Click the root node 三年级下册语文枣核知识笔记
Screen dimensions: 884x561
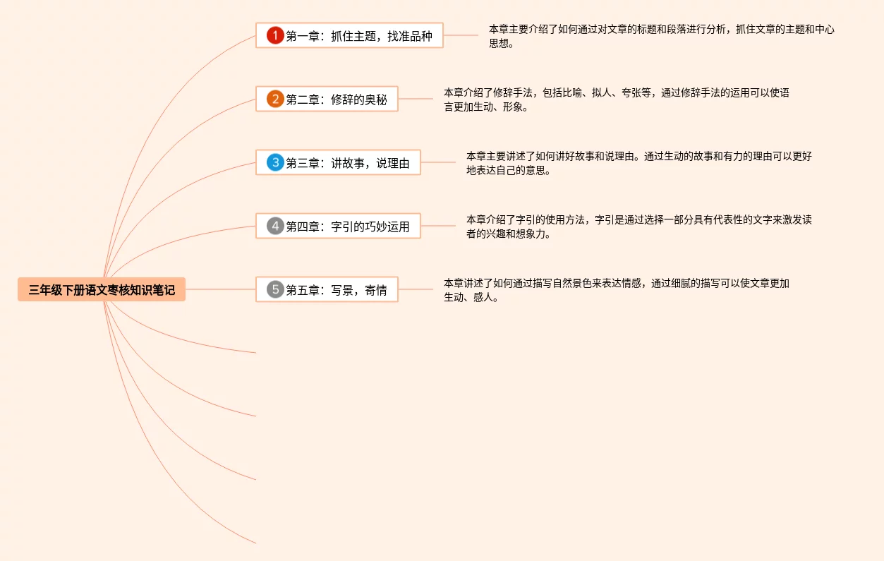[102, 289]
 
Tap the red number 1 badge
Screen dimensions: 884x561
[275, 35]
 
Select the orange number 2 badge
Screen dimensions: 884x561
[275, 99]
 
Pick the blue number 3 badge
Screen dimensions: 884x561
[275, 163]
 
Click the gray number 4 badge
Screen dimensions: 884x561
[275, 227]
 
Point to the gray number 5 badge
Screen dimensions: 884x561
[275, 289]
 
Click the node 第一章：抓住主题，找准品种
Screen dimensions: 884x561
[358, 36]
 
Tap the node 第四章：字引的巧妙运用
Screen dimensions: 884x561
[347, 227]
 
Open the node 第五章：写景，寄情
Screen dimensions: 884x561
[336, 290]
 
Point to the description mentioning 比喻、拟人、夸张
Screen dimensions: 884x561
[616, 99]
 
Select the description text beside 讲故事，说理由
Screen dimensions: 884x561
[638, 163]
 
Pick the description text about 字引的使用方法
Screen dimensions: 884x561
[638, 227]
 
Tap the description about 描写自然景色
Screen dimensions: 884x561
[616, 290]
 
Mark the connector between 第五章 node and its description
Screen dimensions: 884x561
[416, 289]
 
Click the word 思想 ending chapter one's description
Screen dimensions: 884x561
[501, 44]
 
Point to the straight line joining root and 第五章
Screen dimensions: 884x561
[220, 289]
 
